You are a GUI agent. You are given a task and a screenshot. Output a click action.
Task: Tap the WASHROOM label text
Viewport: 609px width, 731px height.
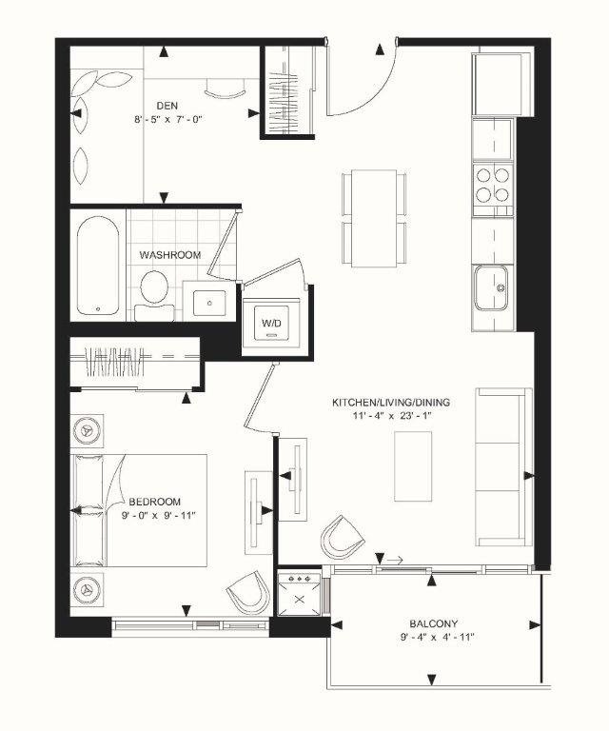pos(170,255)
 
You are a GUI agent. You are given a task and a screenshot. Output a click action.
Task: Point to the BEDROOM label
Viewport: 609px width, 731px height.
pos(154,501)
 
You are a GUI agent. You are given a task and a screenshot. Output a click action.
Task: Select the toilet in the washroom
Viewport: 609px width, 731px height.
pos(152,289)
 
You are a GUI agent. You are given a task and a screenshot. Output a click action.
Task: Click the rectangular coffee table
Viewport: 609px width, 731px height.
pos(414,465)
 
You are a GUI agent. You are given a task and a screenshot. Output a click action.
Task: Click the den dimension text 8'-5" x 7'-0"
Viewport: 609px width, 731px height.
pos(169,121)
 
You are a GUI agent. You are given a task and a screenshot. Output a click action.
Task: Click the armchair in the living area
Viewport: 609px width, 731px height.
pos(343,539)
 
